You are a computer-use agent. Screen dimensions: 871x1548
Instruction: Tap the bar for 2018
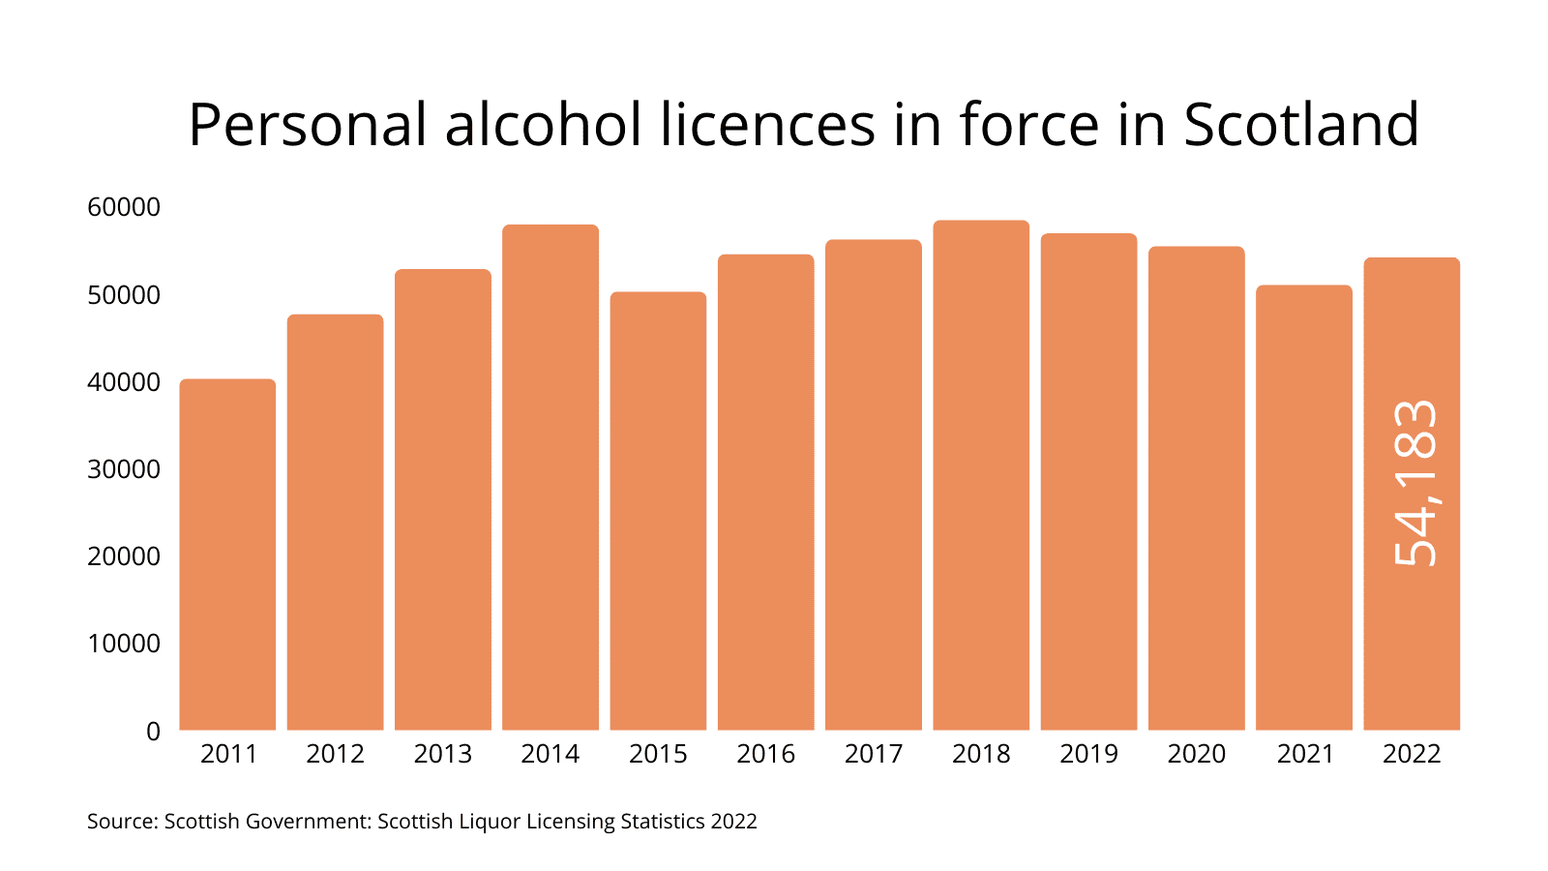pos(981,475)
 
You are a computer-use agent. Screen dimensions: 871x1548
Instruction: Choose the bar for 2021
pos(1304,507)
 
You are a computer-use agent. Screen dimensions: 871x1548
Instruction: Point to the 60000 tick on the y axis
pos(124,207)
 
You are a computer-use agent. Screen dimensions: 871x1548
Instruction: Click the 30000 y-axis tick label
pos(124,469)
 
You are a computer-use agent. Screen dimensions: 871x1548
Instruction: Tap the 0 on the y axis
pos(153,732)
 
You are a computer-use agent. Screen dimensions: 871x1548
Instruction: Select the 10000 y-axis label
pos(124,644)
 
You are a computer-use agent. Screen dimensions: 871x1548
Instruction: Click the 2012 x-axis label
pos(335,754)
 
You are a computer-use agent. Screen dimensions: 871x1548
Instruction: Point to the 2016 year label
pos(765,754)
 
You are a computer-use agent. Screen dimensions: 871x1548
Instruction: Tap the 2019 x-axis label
pos(1088,754)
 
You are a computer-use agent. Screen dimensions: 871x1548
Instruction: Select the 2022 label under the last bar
pos(1412,754)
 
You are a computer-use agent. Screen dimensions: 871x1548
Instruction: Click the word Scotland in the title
pos(1301,125)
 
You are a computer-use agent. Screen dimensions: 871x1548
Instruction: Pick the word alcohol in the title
pos(543,125)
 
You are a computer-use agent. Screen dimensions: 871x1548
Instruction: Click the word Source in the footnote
pos(120,822)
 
